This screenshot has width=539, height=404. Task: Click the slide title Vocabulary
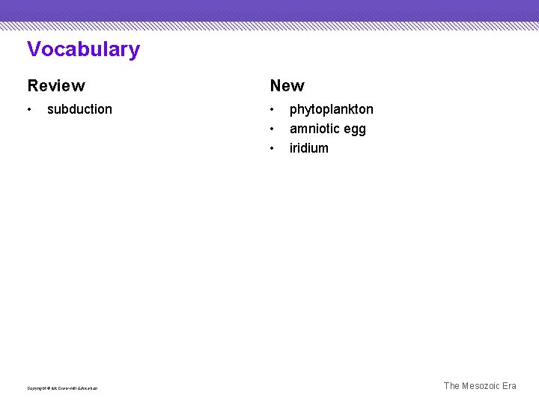[83, 49]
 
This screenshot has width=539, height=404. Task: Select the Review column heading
[56, 86]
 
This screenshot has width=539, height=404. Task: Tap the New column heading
[287, 86]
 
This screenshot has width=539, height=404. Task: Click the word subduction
[79, 109]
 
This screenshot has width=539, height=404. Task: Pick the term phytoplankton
[331, 109]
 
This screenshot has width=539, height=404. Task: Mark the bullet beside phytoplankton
[272, 110]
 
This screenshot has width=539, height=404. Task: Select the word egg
[356, 129]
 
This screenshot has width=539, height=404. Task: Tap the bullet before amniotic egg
[272, 129]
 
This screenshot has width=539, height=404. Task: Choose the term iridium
[308, 148]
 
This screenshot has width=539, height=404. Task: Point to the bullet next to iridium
[272, 149]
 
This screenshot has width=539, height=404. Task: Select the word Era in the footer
[509, 386]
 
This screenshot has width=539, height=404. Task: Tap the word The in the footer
[451, 386]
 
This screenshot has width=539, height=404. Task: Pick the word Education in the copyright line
[87, 388]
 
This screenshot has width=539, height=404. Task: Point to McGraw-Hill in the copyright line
[63, 388]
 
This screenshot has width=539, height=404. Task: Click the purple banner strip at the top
[269, 10]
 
